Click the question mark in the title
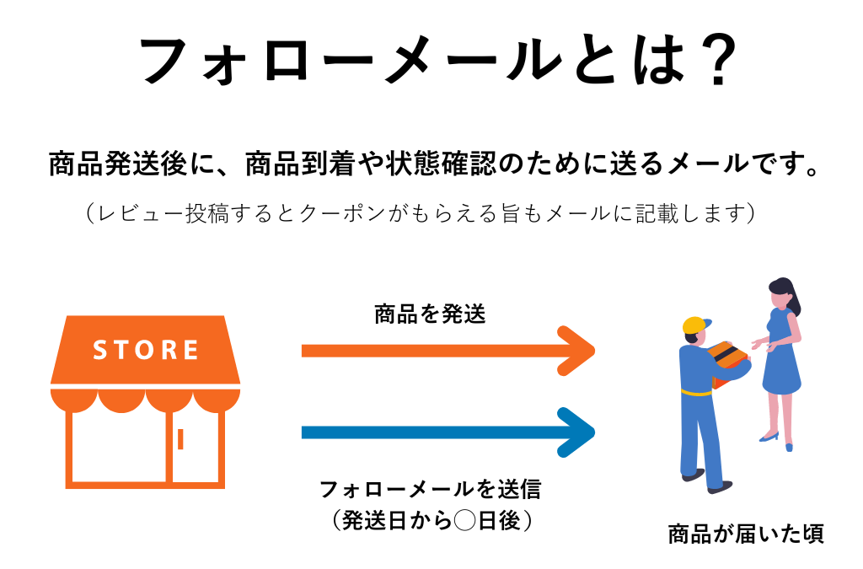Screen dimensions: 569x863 pyautogui.click(x=718, y=61)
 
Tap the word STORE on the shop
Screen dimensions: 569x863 pyautogui.click(x=146, y=349)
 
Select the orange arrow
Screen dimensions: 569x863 pyautogui.click(x=447, y=350)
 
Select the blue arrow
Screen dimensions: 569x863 pyautogui.click(x=447, y=432)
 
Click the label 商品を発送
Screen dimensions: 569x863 pyautogui.click(x=430, y=315)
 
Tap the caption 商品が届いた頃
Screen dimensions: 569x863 pyautogui.click(x=747, y=534)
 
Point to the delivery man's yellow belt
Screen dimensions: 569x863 pyautogui.click(x=698, y=393)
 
